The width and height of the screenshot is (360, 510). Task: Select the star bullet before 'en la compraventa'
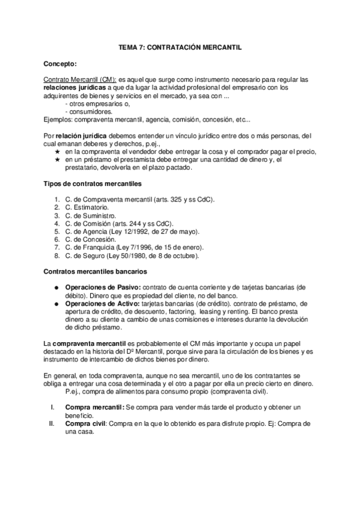58,152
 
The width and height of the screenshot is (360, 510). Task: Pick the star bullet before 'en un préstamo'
58,160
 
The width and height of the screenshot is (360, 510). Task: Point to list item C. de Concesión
89,239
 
